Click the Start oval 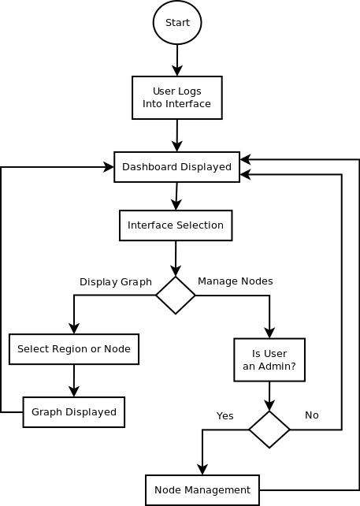pyautogui.click(x=177, y=23)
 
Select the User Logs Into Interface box pyautogui.click(x=177, y=98)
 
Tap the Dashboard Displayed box pyautogui.click(x=177, y=167)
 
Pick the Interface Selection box pyautogui.click(x=176, y=225)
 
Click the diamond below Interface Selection pyautogui.click(x=176, y=296)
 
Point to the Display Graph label pyautogui.click(x=115, y=282)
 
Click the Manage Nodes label pyautogui.click(x=235, y=281)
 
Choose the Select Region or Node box pyautogui.click(x=74, y=349)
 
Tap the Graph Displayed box pyautogui.click(x=74, y=412)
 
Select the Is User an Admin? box pyautogui.click(x=269, y=360)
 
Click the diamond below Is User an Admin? pyautogui.click(x=269, y=430)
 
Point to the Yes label pyautogui.click(x=225, y=416)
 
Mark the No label pyautogui.click(x=311, y=415)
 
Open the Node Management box pyautogui.click(x=202, y=490)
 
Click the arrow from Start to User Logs pyautogui.click(x=177, y=60)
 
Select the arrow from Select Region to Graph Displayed pyautogui.click(x=74, y=381)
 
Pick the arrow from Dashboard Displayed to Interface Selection pyautogui.click(x=176, y=196)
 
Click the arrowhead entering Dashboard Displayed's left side pyautogui.click(x=108, y=167)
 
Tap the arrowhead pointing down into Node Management pyautogui.click(x=202, y=469)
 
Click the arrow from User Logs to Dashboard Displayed pyautogui.click(x=177, y=136)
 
